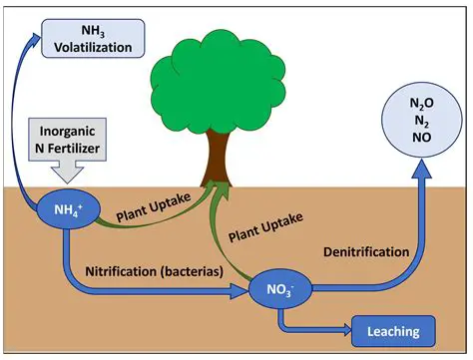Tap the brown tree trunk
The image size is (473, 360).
217,159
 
